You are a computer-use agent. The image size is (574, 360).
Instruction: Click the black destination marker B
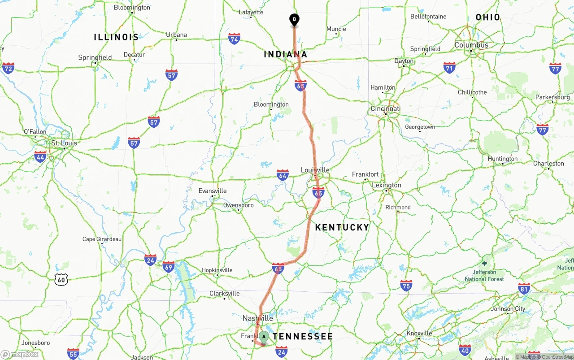tap(294, 20)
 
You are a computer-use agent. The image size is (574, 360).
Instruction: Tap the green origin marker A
tap(264, 336)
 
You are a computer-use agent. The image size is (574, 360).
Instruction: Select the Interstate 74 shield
tap(234, 39)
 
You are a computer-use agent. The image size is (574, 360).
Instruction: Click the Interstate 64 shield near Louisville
tap(283, 175)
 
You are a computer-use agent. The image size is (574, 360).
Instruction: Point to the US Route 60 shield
tap(61, 280)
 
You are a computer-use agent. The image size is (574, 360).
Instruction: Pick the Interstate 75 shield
tap(406, 286)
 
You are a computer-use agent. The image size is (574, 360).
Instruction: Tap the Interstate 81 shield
tap(524, 288)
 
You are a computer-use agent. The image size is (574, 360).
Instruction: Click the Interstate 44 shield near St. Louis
tap(40, 156)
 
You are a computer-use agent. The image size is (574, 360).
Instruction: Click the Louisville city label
tap(315, 170)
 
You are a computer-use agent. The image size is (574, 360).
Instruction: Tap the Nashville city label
tap(257, 318)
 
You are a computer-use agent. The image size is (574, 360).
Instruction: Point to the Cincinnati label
tap(385, 108)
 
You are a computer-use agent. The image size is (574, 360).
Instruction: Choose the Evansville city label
tap(213, 191)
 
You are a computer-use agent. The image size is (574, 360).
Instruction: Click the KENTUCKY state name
tap(342, 227)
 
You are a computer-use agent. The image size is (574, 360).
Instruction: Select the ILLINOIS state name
tap(116, 37)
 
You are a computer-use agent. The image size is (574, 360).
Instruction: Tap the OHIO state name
tap(487, 17)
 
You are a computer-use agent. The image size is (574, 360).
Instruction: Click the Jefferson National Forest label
tap(484, 275)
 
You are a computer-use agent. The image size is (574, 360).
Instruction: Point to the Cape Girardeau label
tap(102, 239)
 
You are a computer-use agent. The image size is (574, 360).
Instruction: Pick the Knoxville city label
tap(419, 333)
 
